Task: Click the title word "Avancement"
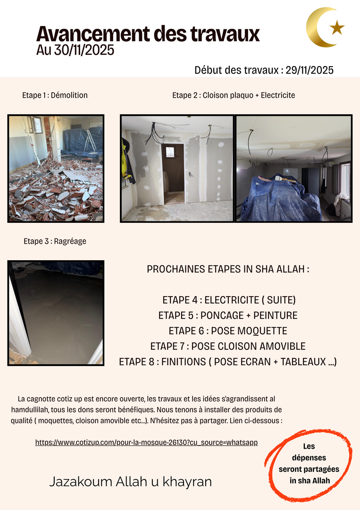pyautogui.click(x=88, y=34)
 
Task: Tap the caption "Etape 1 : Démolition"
pyautogui.click(x=55, y=95)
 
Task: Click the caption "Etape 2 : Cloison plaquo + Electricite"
pyautogui.click(x=234, y=95)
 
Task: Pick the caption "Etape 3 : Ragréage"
pyautogui.click(x=55, y=241)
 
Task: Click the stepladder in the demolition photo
pyautogui.click(x=90, y=141)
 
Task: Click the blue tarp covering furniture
pyautogui.click(x=278, y=198)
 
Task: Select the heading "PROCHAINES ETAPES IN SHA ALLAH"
pyautogui.click(x=228, y=270)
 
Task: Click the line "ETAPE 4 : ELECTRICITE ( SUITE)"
pyautogui.click(x=229, y=300)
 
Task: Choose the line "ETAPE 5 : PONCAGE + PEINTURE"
pyautogui.click(x=228, y=315)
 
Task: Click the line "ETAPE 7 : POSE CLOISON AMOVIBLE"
pyautogui.click(x=228, y=346)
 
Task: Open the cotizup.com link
pyautogui.click(x=146, y=443)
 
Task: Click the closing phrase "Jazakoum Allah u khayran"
pyautogui.click(x=130, y=482)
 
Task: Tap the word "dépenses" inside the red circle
pyautogui.click(x=309, y=458)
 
